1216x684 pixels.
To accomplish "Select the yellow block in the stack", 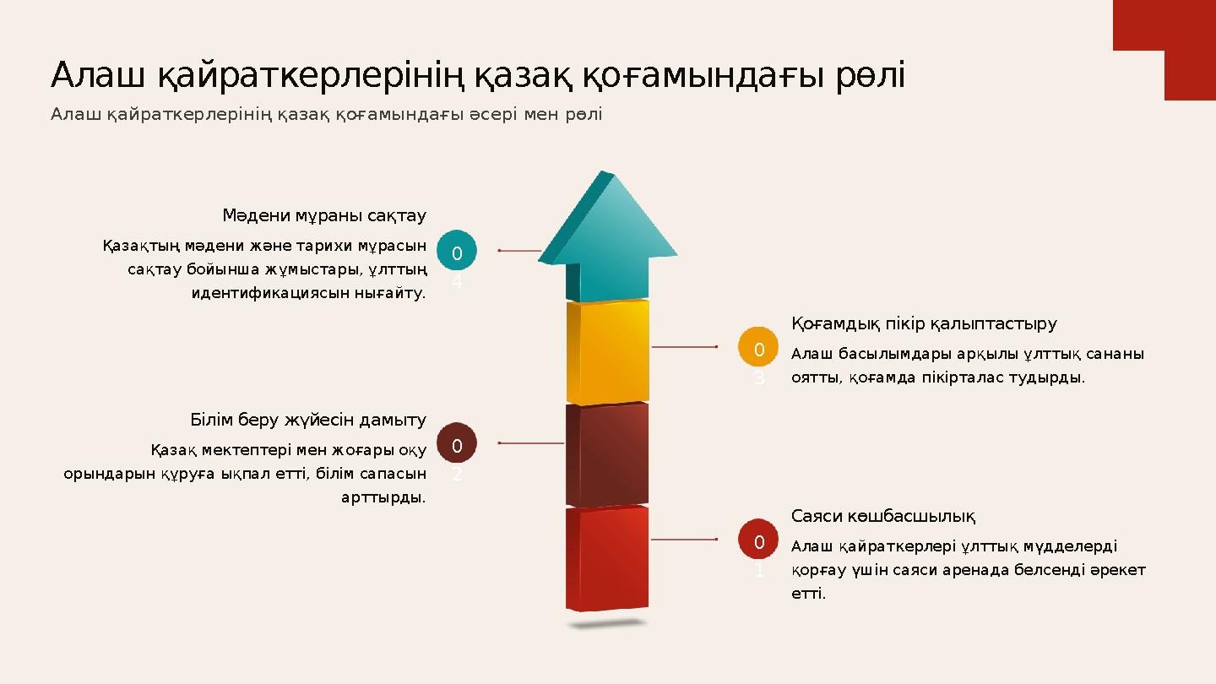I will point(608,351).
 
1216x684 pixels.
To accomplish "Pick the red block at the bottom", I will point(608,558).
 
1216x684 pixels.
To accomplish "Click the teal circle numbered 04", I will point(457,251).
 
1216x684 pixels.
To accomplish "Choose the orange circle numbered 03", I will point(758,347).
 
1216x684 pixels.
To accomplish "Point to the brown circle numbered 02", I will point(457,443).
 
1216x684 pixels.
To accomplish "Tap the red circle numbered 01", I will point(758,540).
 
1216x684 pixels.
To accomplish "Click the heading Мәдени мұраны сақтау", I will point(324,215).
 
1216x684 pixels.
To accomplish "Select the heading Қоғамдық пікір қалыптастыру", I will point(924,323).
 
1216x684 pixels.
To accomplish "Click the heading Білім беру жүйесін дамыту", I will point(308,420).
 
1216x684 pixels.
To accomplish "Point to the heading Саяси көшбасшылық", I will point(883,516).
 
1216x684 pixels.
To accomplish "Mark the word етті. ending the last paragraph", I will point(808,594).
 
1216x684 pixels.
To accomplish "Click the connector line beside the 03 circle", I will point(685,347).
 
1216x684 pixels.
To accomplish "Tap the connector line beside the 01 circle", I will point(685,540).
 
